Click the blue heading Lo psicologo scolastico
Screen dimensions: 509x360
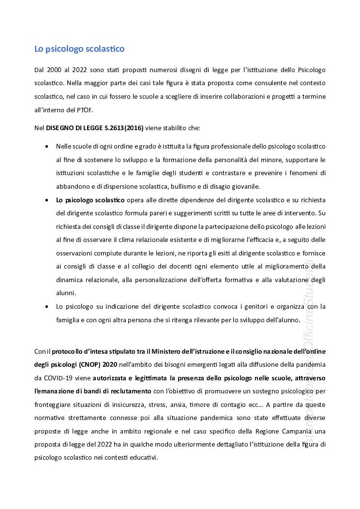79,49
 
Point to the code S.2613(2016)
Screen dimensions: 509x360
122,128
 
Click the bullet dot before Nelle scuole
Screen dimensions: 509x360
46,146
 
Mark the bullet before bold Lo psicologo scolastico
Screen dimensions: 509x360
46,200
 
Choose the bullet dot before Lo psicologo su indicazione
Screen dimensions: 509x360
46,307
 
